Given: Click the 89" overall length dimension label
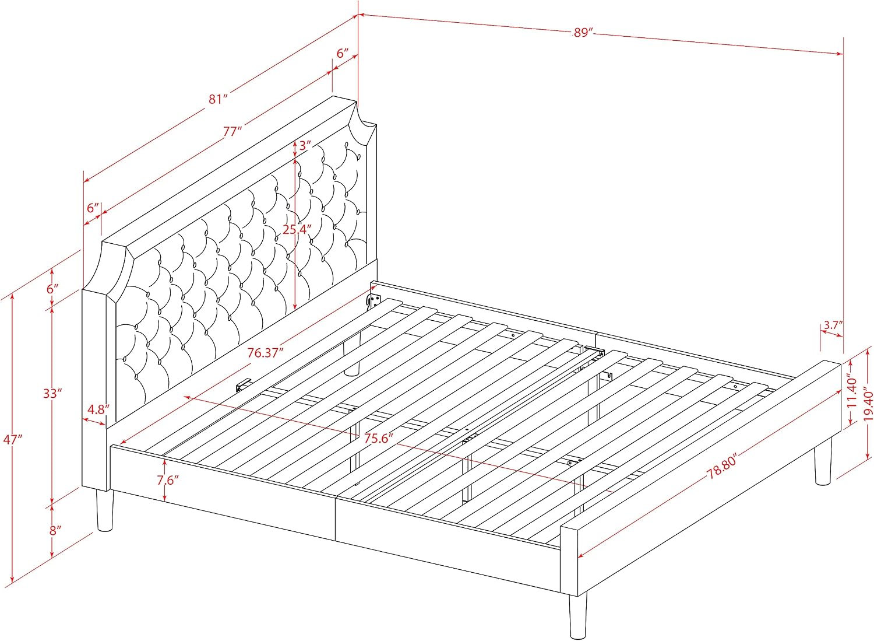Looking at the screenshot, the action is coord(583,33).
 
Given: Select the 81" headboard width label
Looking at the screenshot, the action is coord(217,99).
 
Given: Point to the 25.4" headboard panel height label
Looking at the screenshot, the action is coord(297,229).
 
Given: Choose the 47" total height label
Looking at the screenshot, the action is coord(13,440).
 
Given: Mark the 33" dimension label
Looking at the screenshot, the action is coord(52,393).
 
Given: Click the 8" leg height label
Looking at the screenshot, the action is coord(55,531).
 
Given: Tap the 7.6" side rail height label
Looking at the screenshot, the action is coord(168,480).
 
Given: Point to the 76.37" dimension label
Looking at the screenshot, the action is coord(265,353).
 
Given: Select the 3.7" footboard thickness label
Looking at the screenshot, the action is coord(833,325).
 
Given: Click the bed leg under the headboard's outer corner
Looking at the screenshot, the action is coord(105,510).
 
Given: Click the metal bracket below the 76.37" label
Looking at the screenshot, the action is coord(243,384).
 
